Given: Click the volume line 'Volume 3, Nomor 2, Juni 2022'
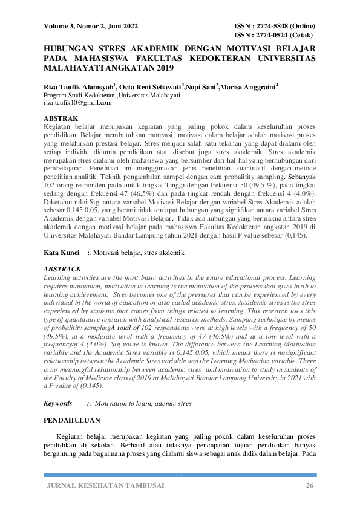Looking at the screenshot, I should [91, 27].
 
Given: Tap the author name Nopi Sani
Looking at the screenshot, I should [201, 88].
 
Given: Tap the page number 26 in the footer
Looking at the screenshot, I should [310, 486].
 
